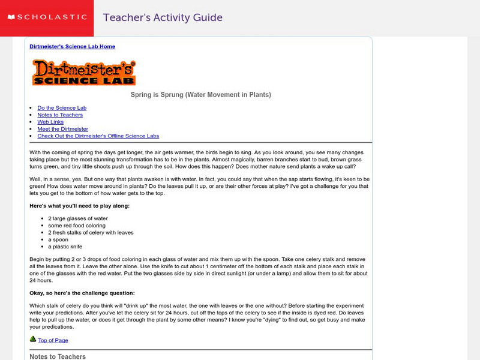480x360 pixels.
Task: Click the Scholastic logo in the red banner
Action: click(46, 17)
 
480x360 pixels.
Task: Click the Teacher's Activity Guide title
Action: click(163, 17)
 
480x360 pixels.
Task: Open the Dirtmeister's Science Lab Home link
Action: click(72, 46)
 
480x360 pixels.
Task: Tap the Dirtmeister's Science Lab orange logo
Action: click(83, 72)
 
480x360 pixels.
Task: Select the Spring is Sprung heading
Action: click(200, 95)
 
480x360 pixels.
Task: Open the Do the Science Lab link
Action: click(62, 108)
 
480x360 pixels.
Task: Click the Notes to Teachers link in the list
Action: click(61, 115)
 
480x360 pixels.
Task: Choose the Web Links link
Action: click(50, 122)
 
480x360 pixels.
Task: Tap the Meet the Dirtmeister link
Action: click(62, 129)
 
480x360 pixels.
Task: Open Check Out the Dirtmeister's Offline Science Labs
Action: click(98, 136)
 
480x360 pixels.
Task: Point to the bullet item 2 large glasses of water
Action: click(78, 218)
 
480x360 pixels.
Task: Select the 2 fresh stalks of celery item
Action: click(91, 233)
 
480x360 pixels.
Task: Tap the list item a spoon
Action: click(59, 239)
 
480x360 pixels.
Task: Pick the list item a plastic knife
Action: click(65, 247)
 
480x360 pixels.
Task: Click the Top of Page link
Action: click(53, 341)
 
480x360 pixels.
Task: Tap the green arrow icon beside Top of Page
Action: click(33, 340)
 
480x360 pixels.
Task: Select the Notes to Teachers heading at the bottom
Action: click(58, 356)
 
